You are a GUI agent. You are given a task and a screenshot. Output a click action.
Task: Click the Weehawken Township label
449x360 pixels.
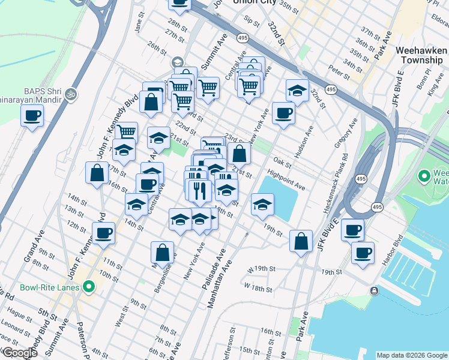[420, 56]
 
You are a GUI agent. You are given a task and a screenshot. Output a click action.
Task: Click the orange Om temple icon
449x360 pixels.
[71, 94]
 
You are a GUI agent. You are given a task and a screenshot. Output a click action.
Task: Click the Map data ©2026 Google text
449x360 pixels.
[411, 355]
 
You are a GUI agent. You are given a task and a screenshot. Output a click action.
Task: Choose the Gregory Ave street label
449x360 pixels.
[346, 133]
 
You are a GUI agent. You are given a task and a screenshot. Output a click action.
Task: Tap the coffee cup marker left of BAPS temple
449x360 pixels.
[32, 115]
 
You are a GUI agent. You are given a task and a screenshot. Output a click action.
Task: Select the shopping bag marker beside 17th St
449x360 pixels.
[97, 172]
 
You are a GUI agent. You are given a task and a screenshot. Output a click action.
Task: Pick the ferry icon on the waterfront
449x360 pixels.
[374, 291]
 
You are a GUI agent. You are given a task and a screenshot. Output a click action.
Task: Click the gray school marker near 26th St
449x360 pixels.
[177, 62]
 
